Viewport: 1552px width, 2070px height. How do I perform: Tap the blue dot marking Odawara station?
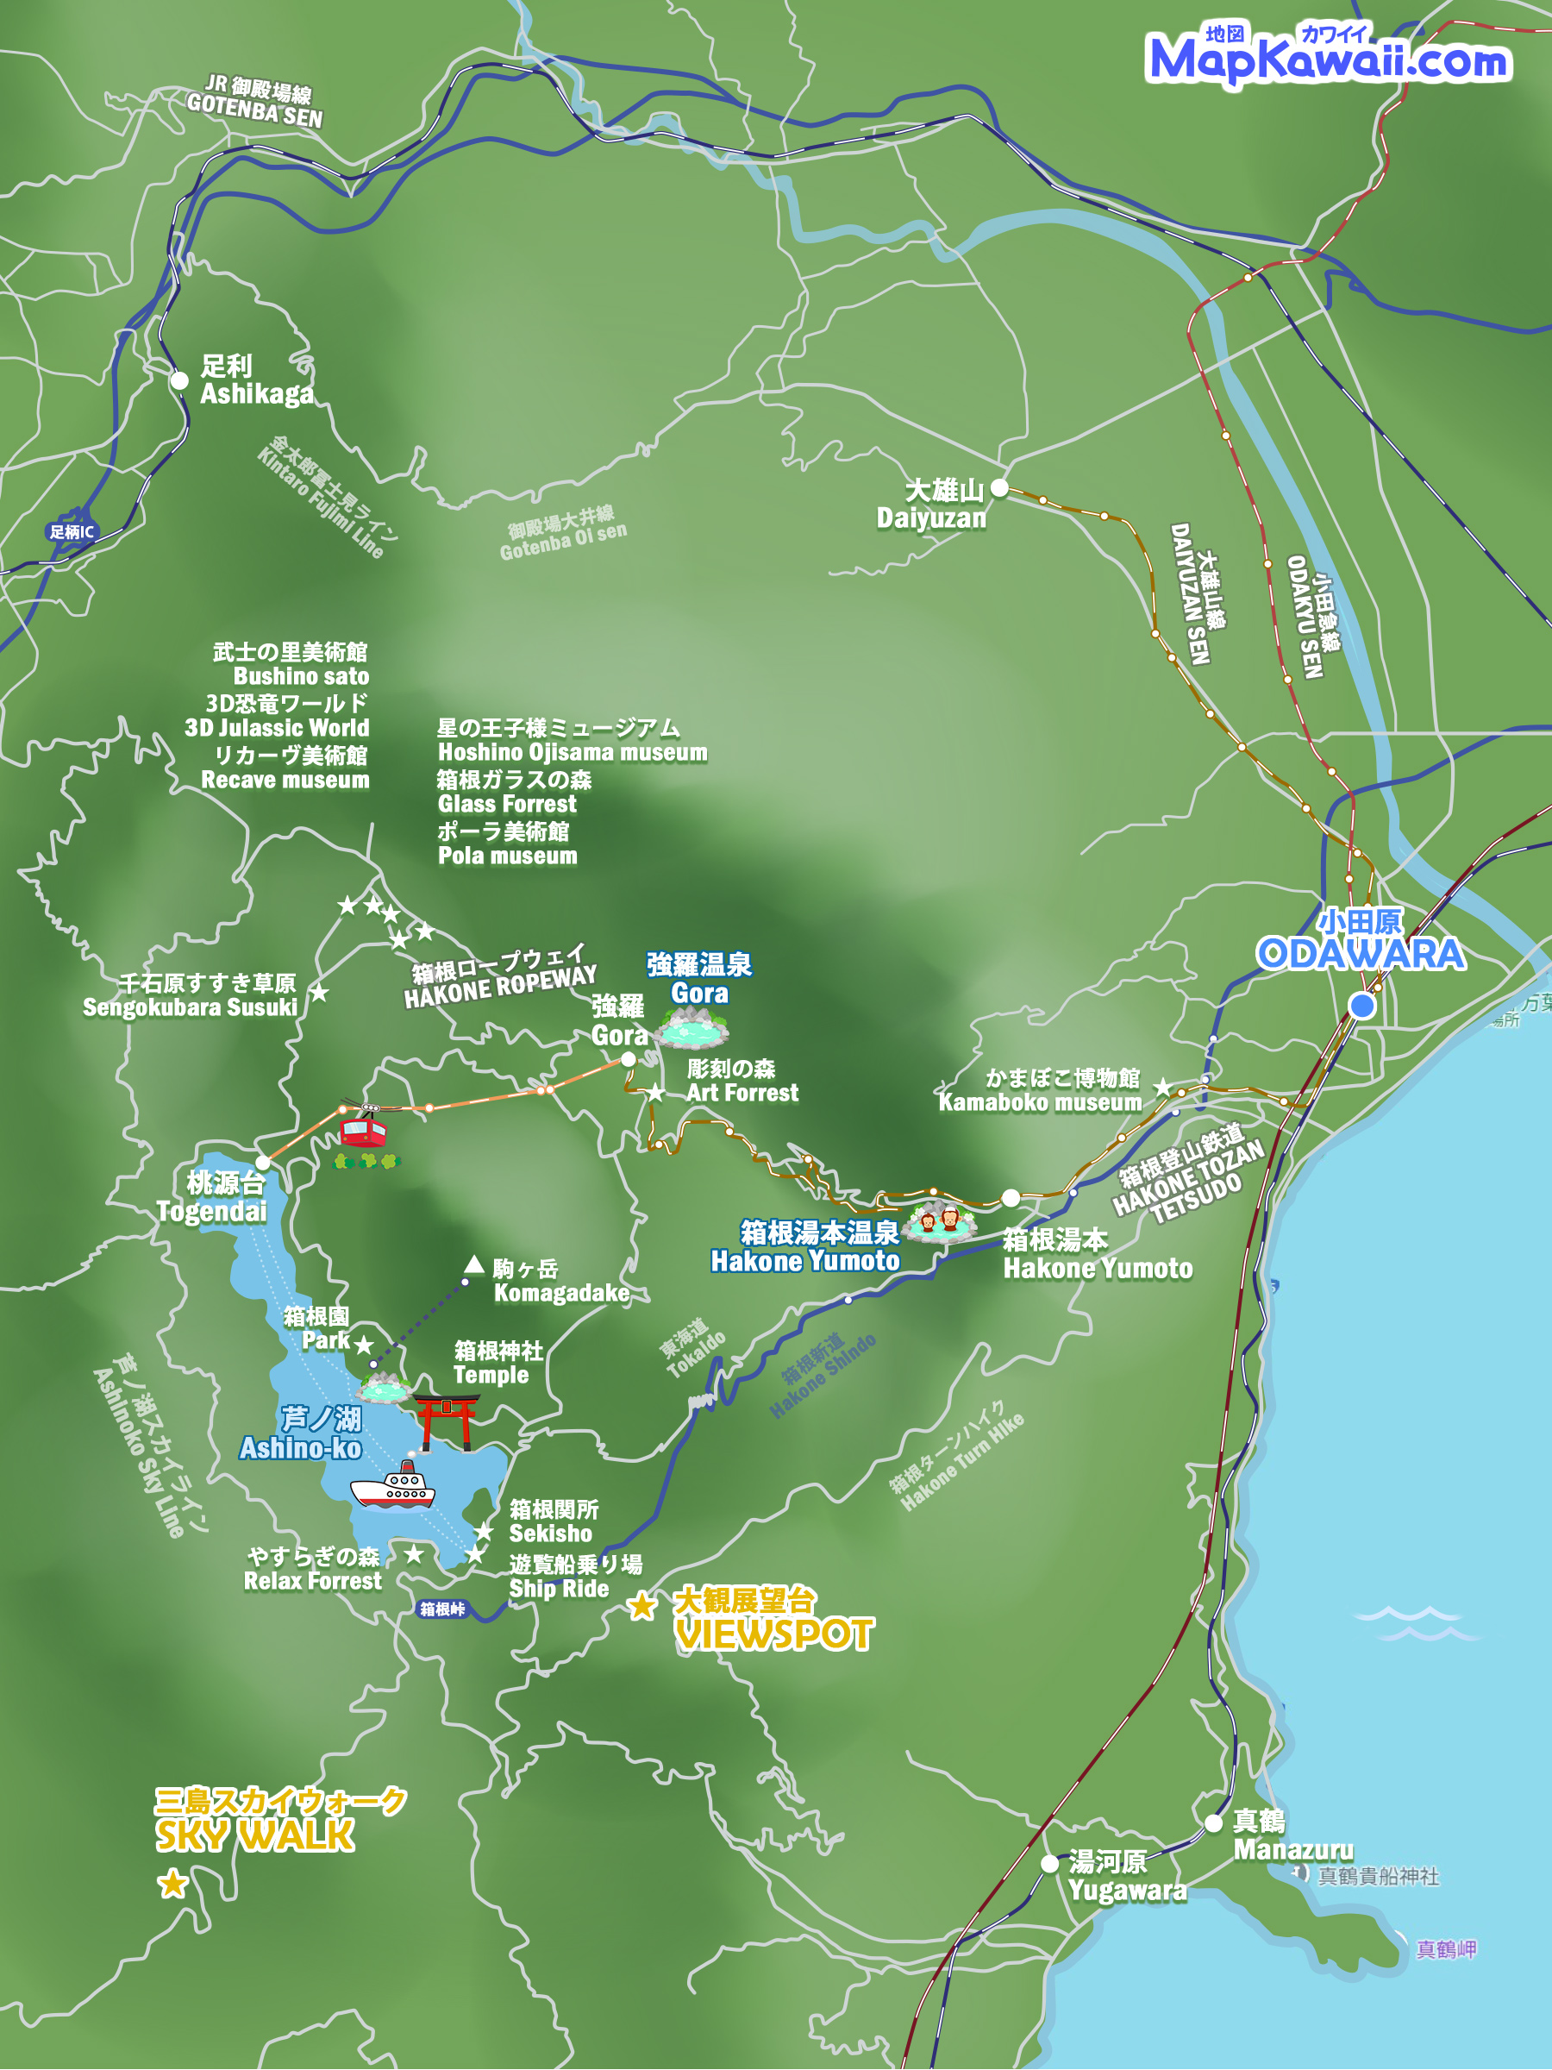click(1362, 1006)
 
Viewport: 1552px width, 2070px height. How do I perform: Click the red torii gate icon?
click(447, 1421)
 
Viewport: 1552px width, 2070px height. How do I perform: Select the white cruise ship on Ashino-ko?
click(394, 1485)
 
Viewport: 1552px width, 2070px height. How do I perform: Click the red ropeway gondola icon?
click(363, 1131)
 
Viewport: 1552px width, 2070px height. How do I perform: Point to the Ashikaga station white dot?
click(179, 381)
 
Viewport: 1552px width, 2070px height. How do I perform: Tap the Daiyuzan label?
click(931, 505)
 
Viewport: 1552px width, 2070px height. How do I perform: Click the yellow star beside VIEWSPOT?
click(641, 1607)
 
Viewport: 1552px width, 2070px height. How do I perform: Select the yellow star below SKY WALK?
click(172, 1884)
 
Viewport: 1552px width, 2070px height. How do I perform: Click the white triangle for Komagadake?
click(474, 1266)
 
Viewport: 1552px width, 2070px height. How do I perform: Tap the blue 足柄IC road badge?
click(72, 531)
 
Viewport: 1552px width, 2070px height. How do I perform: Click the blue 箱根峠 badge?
click(441, 1609)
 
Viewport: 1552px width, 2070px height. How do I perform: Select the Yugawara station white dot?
click(1049, 1864)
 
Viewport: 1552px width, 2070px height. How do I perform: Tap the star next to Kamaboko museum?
click(1162, 1088)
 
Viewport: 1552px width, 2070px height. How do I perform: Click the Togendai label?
click(212, 1198)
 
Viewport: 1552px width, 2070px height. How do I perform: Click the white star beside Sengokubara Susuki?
click(319, 993)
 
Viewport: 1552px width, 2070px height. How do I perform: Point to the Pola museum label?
click(507, 844)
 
